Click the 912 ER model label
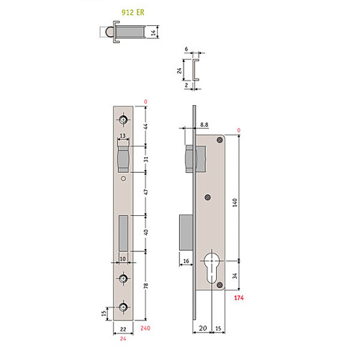(132, 12)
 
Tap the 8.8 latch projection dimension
(204, 125)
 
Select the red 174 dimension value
(239, 298)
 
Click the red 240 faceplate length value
(145, 328)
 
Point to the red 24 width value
(123, 338)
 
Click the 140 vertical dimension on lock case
(235, 202)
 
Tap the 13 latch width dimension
(122, 135)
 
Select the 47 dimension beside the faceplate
(146, 192)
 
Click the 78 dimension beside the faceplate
(146, 286)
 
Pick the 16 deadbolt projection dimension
(186, 261)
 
